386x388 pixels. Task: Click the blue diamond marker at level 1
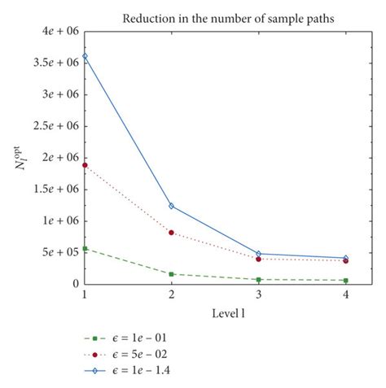pos(85,56)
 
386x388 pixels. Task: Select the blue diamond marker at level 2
pos(172,206)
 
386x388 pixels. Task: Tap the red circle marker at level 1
pos(85,165)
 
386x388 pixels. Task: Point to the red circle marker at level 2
pos(172,233)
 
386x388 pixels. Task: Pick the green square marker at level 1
pos(85,248)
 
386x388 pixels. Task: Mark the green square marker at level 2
pos(172,274)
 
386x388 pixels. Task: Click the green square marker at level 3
pos(259,280)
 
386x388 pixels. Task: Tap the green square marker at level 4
pos(346,281)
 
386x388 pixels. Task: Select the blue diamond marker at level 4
pos(346,258)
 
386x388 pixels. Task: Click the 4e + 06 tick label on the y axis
pos(59,31)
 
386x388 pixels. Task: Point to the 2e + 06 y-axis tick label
pos(59,157)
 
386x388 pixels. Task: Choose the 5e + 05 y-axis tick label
pos(59,252)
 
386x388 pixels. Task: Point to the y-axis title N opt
pos(18,157)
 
